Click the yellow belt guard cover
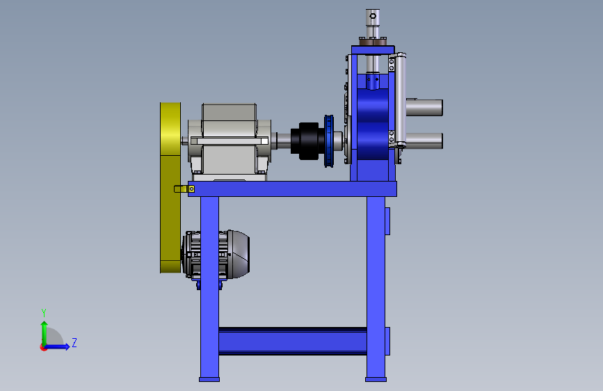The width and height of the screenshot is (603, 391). (170, 188)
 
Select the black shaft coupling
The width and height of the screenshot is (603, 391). (307, 141)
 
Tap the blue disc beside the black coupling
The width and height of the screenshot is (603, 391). (329, 141)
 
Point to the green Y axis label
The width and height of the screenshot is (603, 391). (44, 313)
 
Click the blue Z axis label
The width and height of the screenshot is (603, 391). (74, 342)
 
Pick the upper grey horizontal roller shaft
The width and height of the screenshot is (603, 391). (424, 107)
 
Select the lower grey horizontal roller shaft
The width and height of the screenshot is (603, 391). (424, 141)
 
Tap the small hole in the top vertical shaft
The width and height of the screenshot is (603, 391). (373, 16)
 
